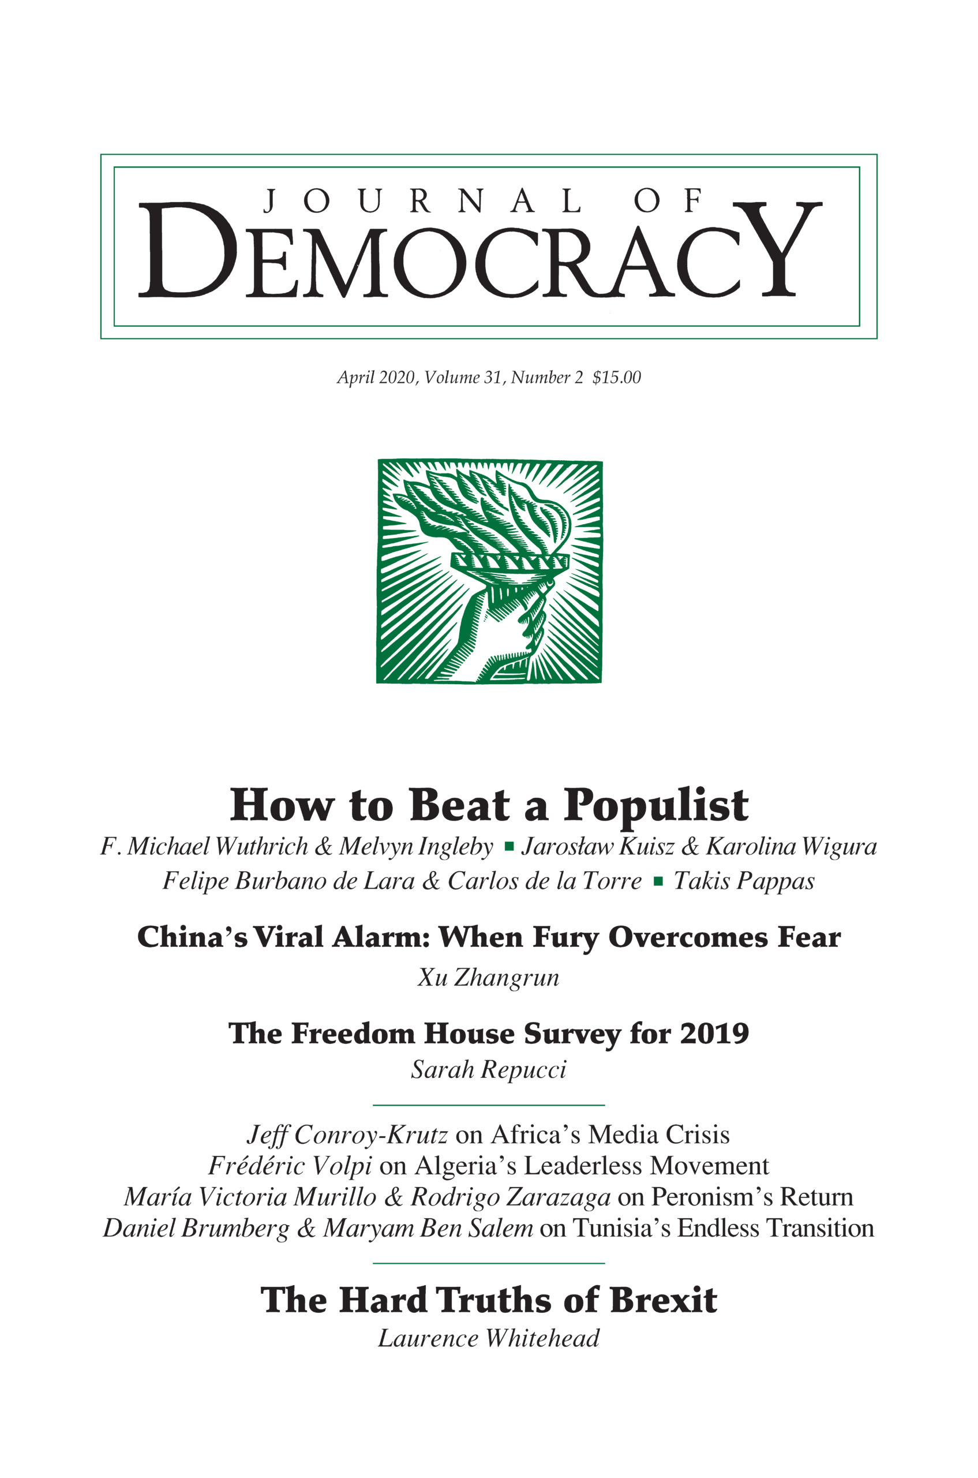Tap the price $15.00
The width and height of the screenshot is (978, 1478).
[x=616, y=378]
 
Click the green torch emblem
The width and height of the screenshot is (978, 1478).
[x=489, y=571]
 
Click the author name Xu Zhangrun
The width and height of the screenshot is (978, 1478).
[x=488, y=977]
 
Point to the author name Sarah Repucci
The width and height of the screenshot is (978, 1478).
[x=488, y=1070]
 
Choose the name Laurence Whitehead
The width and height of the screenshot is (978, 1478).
[x=488, y=1338]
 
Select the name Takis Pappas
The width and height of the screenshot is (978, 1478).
[x=744, y=881]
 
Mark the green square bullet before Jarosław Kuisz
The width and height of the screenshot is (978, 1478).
[x=509, y=847]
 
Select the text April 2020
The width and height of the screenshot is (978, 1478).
[x=377, y=378]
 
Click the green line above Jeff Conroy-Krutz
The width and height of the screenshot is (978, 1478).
[x=488, y=1106]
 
